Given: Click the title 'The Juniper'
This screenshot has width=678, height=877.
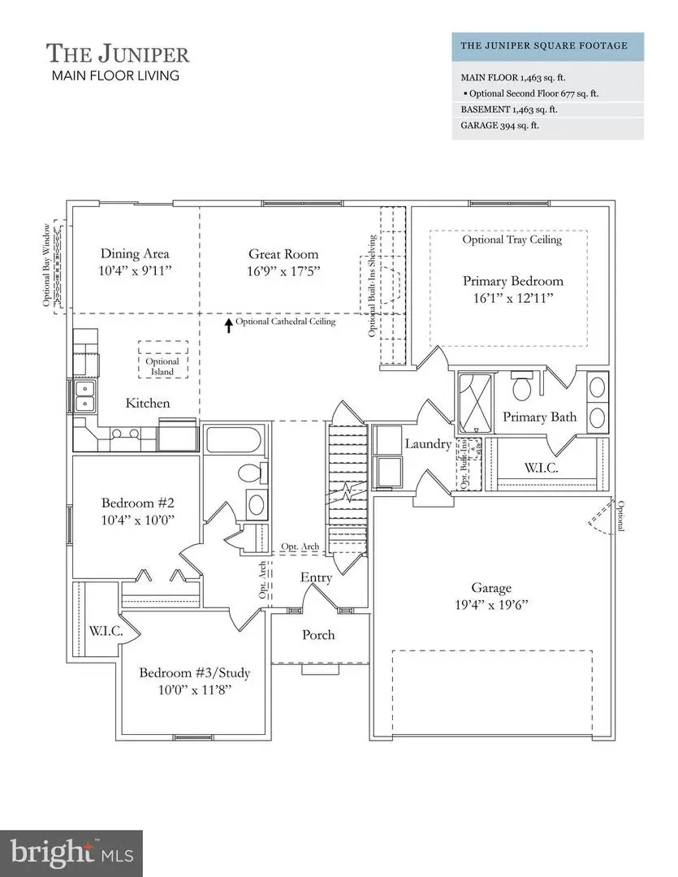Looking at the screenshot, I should (118, 54).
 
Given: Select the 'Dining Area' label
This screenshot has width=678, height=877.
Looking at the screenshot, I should (135, 253).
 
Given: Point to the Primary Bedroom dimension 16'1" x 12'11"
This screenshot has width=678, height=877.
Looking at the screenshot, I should (512, 298).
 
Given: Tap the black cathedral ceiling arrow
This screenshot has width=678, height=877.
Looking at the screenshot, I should (229, 325).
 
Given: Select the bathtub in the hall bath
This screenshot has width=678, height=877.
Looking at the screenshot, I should (232, 441).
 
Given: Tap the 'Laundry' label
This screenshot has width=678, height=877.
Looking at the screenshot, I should (428, 444).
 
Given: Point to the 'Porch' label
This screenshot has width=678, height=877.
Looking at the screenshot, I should (318, 634).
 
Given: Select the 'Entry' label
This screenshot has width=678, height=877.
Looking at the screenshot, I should (316, 577).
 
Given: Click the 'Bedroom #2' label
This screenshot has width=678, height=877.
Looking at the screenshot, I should (134, 502).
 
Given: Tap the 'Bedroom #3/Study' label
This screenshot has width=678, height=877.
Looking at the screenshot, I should (194, 673).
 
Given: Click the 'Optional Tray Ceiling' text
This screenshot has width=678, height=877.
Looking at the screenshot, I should (512, 240).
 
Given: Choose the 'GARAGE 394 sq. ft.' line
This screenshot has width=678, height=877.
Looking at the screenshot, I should (500, 126).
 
